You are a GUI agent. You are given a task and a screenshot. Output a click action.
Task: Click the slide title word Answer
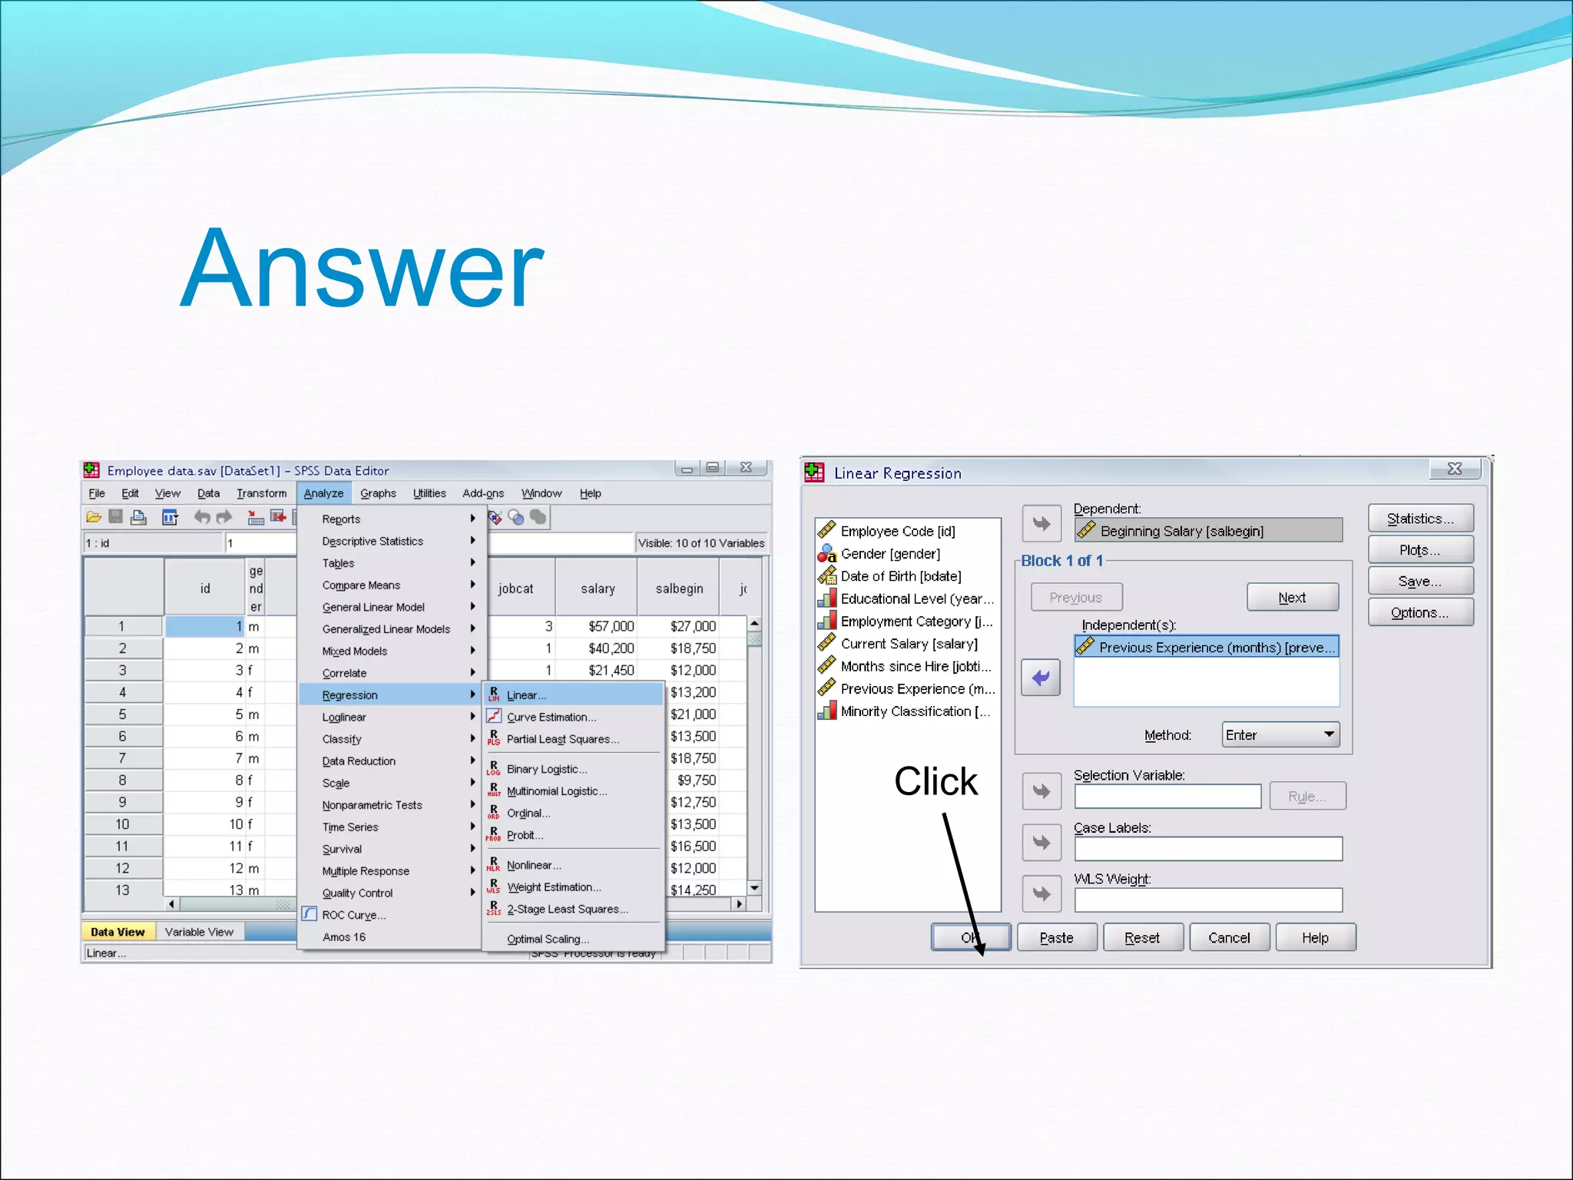362,268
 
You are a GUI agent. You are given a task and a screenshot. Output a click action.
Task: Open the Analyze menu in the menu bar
323,493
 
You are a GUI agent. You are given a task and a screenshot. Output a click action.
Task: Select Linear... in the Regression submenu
526,695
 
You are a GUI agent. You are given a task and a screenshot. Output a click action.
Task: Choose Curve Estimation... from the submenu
551,718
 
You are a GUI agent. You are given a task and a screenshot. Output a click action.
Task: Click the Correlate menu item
344,673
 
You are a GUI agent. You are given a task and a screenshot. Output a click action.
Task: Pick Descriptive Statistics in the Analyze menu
373,542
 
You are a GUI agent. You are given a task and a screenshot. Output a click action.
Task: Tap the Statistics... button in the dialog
1420,519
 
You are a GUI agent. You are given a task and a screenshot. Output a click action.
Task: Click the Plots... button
1420,550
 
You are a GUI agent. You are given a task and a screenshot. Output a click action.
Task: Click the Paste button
1056,938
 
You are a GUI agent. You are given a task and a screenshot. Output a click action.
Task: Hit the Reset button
1142,938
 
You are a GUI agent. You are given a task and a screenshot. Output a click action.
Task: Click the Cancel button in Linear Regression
1229,938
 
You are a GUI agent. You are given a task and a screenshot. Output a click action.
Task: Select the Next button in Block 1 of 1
1292,598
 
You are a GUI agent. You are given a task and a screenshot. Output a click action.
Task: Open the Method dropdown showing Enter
1280,735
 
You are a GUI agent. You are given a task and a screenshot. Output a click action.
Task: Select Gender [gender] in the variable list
889,554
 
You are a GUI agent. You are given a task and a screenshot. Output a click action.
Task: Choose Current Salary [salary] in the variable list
909,644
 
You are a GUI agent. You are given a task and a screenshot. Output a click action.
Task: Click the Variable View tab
199,932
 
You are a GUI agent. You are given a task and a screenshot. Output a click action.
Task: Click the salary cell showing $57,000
611,627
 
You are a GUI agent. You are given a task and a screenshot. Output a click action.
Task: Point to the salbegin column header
679,588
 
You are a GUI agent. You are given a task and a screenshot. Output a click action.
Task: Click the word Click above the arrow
936,781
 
